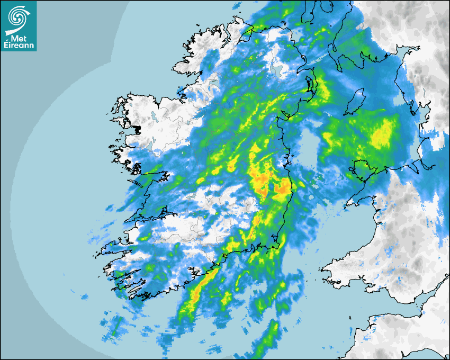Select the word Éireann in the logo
click(x=19, y=46)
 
